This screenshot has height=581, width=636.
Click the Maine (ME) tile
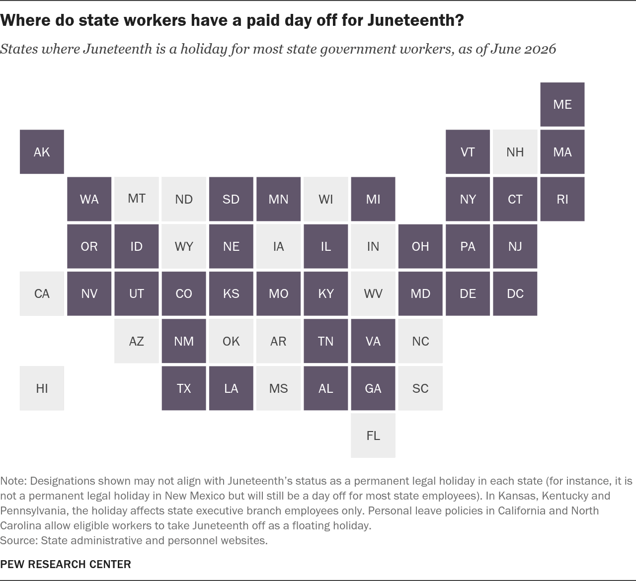[x=562, y=104]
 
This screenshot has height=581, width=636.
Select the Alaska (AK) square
[x=42, y=151]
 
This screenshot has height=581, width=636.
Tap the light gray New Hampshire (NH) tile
[x=515, y=151]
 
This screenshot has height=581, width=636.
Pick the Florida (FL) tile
[x=373, y=436]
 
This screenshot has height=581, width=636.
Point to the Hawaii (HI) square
[x=42, y=388]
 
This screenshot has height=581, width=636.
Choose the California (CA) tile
[x=42, y=293]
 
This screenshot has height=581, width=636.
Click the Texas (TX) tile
[x=184, y=388]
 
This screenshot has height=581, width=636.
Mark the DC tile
[x=515, y=293]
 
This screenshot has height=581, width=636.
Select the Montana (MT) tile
[x=136, y=199]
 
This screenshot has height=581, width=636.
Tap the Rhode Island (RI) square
[x=562, y=199]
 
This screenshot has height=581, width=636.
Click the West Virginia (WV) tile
[x=373, y=293]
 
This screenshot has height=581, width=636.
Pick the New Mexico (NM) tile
[x=184, y=341]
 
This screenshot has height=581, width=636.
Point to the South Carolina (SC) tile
[x=420, y=388]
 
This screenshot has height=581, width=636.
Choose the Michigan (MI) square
[x=373, y=199]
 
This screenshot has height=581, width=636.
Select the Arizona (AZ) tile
[x=136, y=341]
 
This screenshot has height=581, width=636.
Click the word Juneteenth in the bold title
[x=415, y=20]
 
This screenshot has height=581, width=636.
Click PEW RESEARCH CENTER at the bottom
[x=66, y=564]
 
